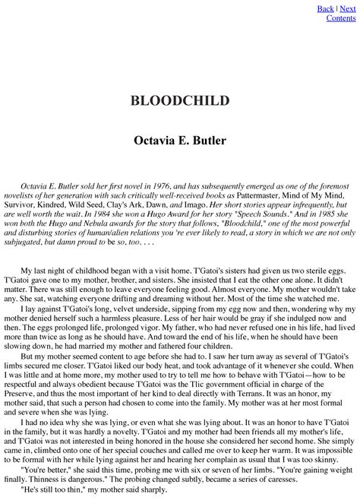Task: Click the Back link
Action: pyautogui.click(x=325, y=8)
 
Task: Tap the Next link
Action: pyautogui.click(x=347, y=8)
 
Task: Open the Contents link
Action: pyautogui.click(x=341, y=17)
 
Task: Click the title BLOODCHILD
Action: pyautogui.click(x=180, y=101)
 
